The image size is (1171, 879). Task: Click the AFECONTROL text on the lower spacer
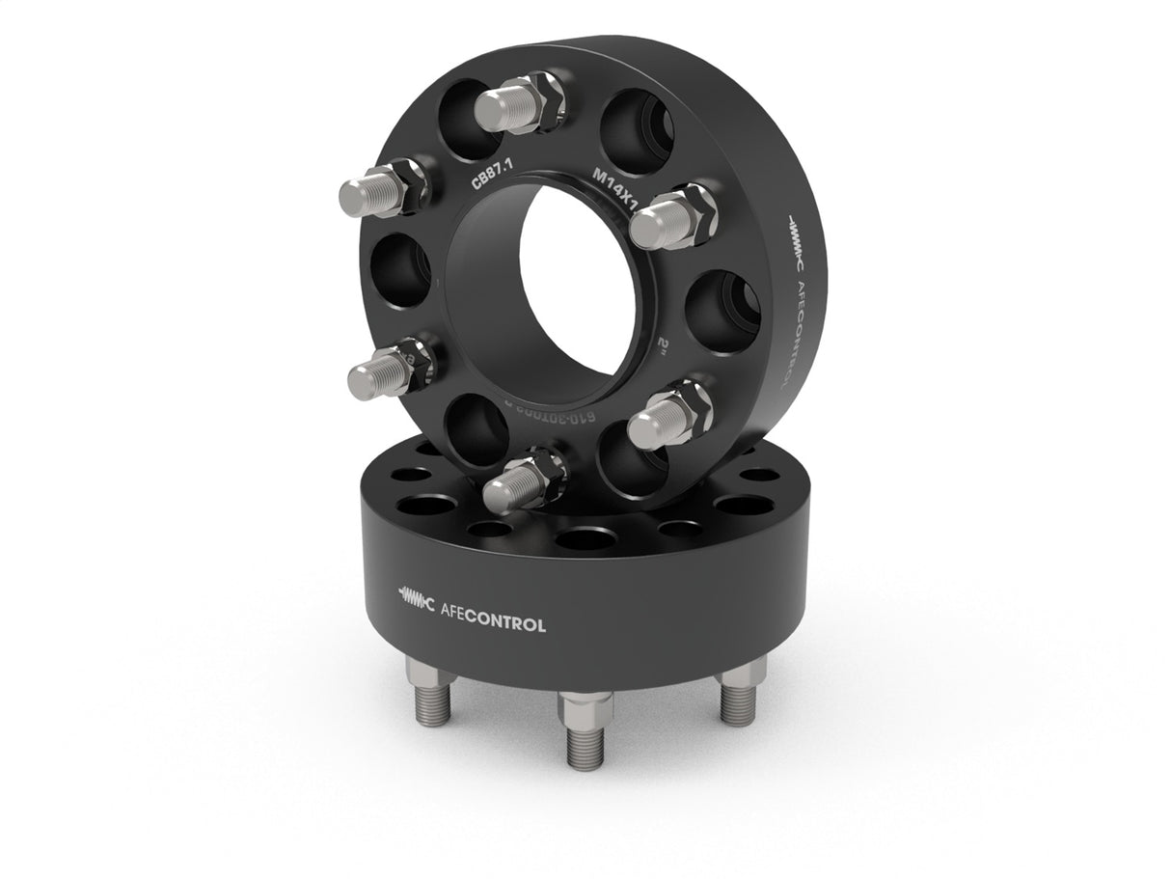(x=492, y=624)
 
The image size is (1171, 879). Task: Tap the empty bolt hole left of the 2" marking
(x=722, y=307)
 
